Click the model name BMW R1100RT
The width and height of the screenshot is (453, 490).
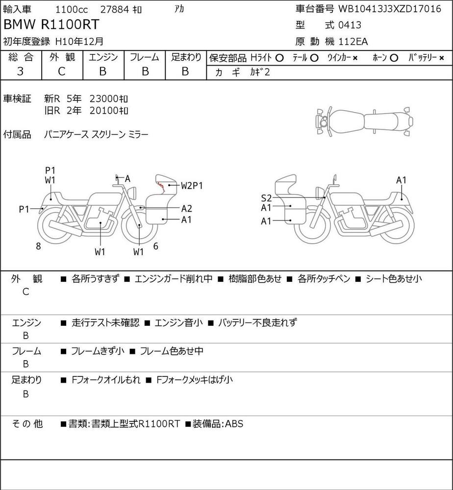click(51, 24)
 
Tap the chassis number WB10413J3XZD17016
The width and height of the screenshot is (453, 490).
click(390, 9)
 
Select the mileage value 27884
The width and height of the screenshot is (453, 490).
click(115, 9)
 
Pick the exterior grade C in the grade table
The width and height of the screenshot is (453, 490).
click(62, 72)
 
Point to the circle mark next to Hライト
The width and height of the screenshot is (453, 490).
click(279, 58)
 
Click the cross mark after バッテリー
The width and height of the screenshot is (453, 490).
click(441, 58)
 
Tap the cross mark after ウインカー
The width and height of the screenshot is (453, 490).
click(355, 58)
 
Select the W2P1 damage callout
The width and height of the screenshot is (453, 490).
click(192, 186)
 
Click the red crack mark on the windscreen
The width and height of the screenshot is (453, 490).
click(161, 186)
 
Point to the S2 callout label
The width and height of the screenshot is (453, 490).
click(266, 198)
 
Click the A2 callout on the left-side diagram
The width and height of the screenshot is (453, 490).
click(187, 208)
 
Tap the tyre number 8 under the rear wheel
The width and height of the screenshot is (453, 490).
click(38, 246)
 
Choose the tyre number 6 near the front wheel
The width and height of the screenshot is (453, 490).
click(156, 246)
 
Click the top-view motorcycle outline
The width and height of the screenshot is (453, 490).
click(364, 122)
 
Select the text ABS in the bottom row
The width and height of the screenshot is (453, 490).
click(234, 424)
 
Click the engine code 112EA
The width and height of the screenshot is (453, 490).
click(353, 42)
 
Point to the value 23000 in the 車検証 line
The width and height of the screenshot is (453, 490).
click(103, 99)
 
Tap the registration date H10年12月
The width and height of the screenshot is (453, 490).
click(79, 41)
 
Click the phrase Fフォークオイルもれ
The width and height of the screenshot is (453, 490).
click(106, 380)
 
